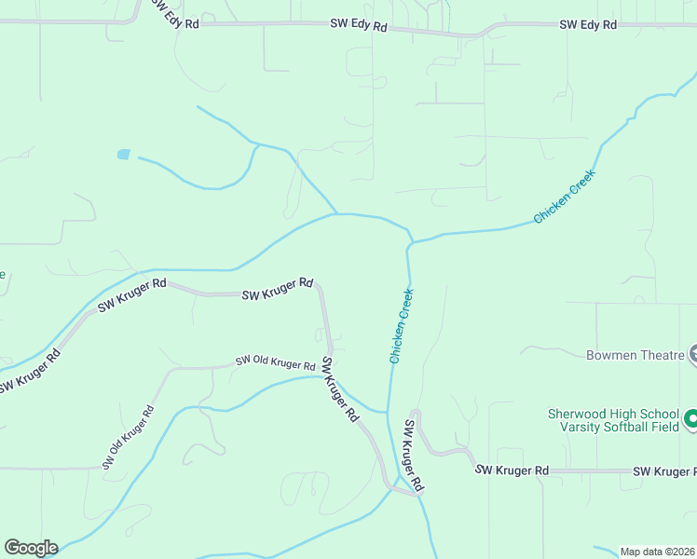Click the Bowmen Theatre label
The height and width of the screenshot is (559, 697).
[635, 355]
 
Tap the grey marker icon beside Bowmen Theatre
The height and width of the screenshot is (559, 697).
[693, 353]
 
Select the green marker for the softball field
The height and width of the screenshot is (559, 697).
[691, 419]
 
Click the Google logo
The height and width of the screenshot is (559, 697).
[31, 548]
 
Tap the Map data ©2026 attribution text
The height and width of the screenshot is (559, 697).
[657, 551]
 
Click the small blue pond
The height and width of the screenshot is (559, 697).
[123, 155]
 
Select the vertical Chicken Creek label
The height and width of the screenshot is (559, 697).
[402, 325]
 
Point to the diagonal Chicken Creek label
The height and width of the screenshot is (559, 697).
[564, 197]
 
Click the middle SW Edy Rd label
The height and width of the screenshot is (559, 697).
[358, 27]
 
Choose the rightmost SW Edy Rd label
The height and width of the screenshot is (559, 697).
[588, 25]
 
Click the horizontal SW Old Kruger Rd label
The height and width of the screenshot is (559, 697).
[275, 361]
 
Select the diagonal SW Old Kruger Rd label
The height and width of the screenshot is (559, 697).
[129, 436]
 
